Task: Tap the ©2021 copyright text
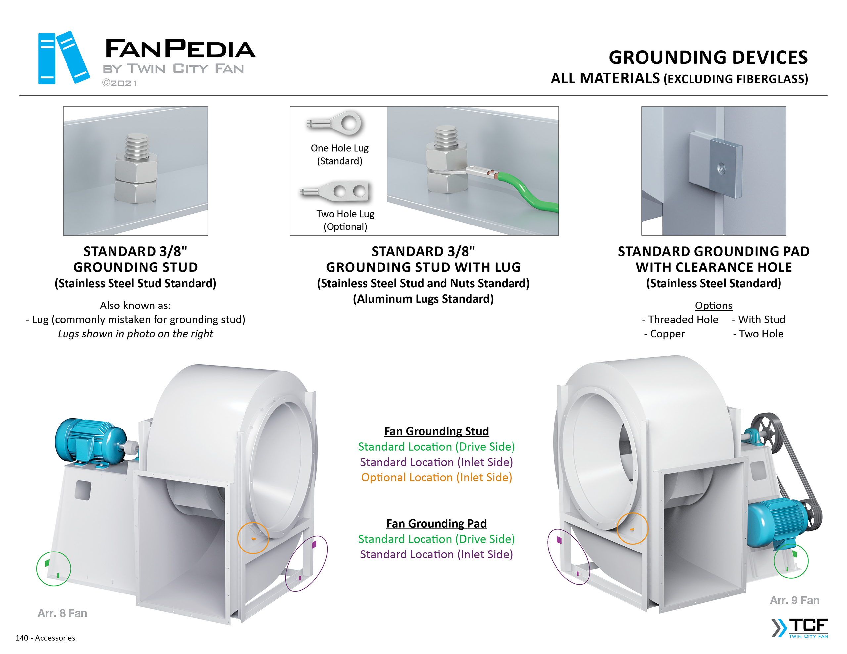(119, 83)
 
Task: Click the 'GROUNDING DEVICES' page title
(708, 58)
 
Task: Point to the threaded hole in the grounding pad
(721, 168)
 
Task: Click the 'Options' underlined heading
(713, 306)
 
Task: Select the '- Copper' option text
(664, 334)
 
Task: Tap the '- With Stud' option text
(758, 319)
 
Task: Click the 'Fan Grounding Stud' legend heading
(436, 431)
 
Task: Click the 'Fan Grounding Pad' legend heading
(436, 523)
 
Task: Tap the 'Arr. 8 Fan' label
(63, 613)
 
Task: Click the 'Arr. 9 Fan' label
(794, 600)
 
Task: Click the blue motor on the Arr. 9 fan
(778, 521)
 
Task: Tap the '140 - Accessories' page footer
(45, 638)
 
